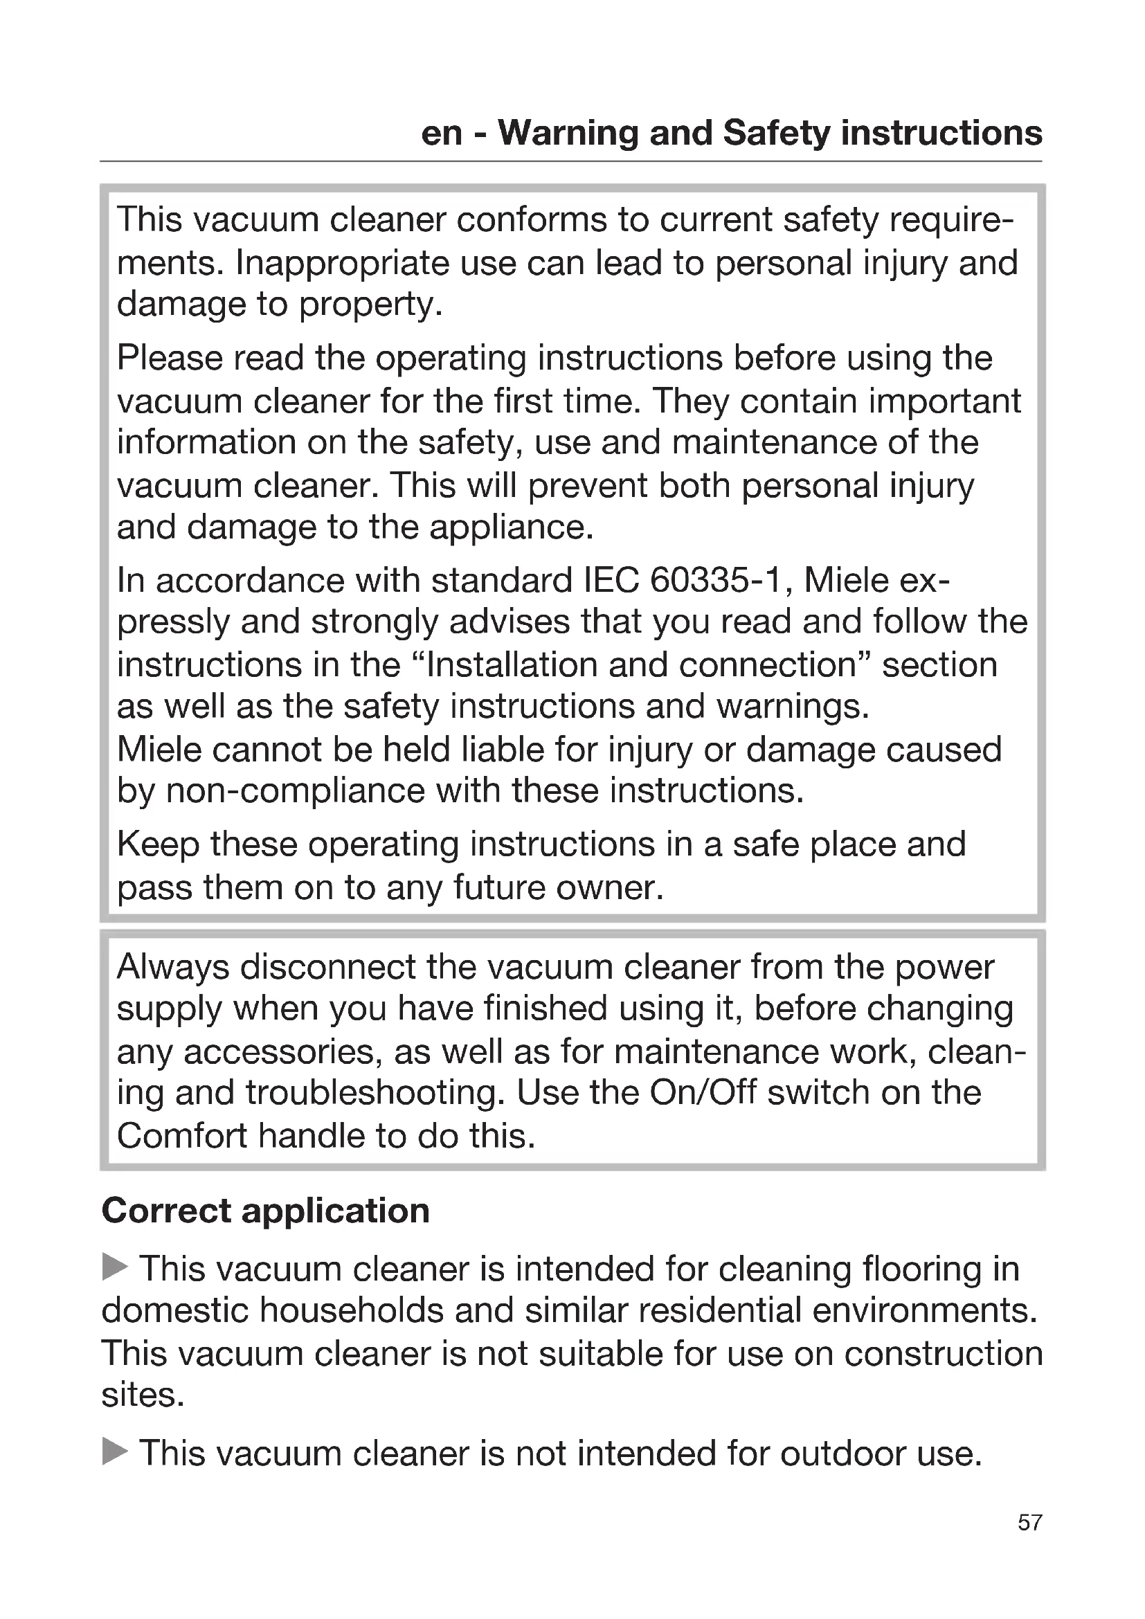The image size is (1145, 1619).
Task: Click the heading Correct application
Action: point(266,1211)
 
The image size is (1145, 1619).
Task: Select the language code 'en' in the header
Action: point(442,133)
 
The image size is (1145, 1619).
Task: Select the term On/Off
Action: point(703,1092)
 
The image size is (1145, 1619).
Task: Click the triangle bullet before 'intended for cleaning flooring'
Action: point(115,1267)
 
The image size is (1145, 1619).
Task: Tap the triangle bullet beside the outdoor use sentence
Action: point(115,1452)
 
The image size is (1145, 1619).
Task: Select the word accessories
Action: point(282,1051)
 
